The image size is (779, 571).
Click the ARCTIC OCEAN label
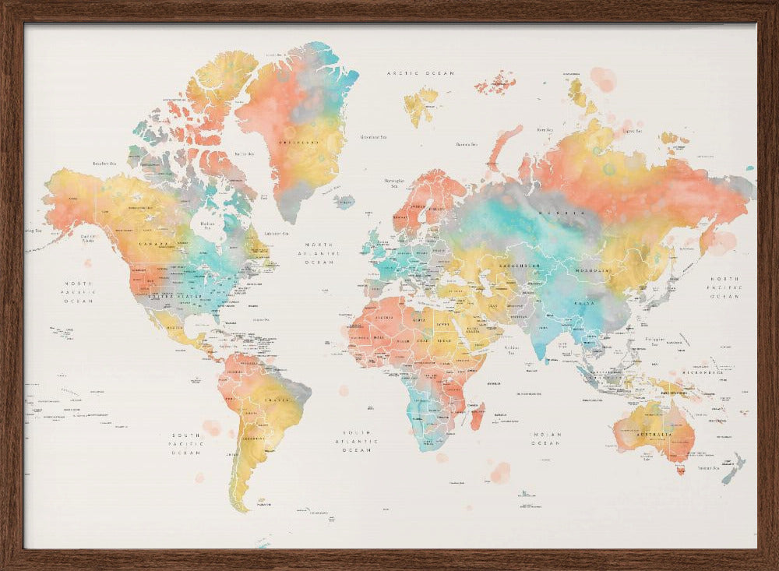(420, 73)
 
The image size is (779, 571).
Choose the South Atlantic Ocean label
(359, 441)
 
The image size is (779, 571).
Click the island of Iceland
(344, 201)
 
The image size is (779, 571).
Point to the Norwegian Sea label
(393, 183)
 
